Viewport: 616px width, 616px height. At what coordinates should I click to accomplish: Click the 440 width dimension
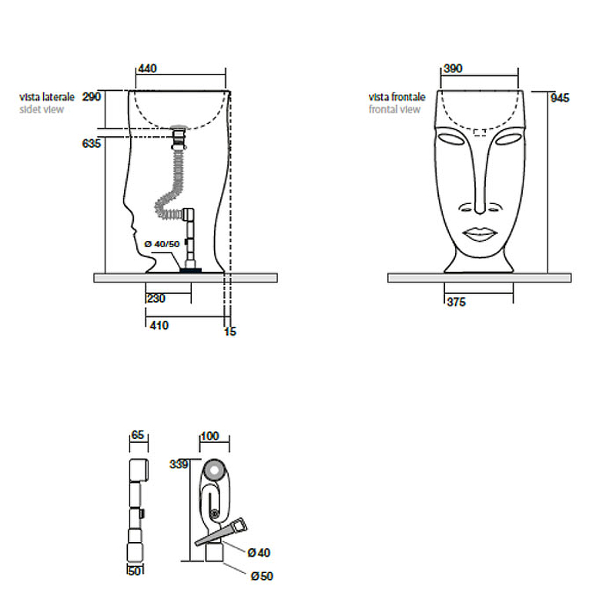click(x=147, y=69)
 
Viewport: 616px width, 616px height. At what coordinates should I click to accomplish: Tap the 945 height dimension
click(x=560, y=98)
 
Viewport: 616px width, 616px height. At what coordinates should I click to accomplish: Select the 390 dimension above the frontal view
click(x=453, y=69)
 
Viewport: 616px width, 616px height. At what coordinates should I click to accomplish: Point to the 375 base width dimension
click(x=456, y=302)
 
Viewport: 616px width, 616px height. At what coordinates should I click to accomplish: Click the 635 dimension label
click(x=92, y=144)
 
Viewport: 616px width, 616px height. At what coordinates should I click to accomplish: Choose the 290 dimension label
click(x=92, y=97)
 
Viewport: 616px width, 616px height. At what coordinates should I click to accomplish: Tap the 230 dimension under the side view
click(x=156, y=299)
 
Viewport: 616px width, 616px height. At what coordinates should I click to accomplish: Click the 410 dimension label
click(x=159, y=326)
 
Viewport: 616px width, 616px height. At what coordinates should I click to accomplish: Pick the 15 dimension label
click(x=230, y=332)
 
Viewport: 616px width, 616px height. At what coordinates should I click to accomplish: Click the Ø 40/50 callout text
click(x=162, y=244)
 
